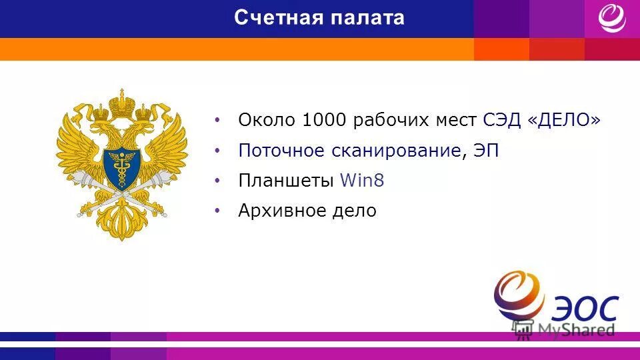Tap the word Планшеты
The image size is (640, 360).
tap(286, 181)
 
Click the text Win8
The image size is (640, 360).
tap(362, 181)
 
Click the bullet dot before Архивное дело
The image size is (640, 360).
tap(217, 211)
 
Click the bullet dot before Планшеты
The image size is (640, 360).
tap(217, 180)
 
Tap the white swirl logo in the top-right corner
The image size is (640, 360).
tap(611, 18)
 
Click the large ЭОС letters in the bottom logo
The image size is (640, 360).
tap(585, 308)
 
